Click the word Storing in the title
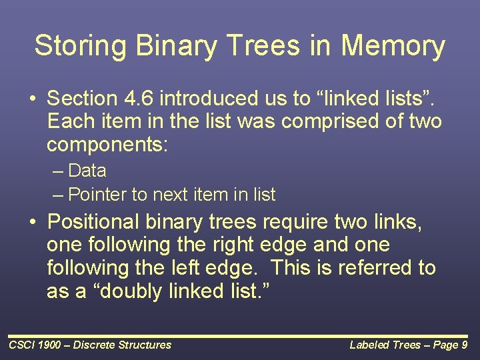click(x=80, y=45)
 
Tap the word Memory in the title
click(x=393, y=46)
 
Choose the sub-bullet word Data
click(x=87, y=170)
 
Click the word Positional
click(x=93, y=221)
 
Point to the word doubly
click(x=131, y=291)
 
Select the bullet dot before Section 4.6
click(x=33, y=99)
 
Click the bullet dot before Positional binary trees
click(x=33, y=221)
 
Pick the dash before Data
click(x=57, y=171)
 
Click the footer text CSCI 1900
click(x=35, y=345)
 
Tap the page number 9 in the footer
click(x=464, y=345)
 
